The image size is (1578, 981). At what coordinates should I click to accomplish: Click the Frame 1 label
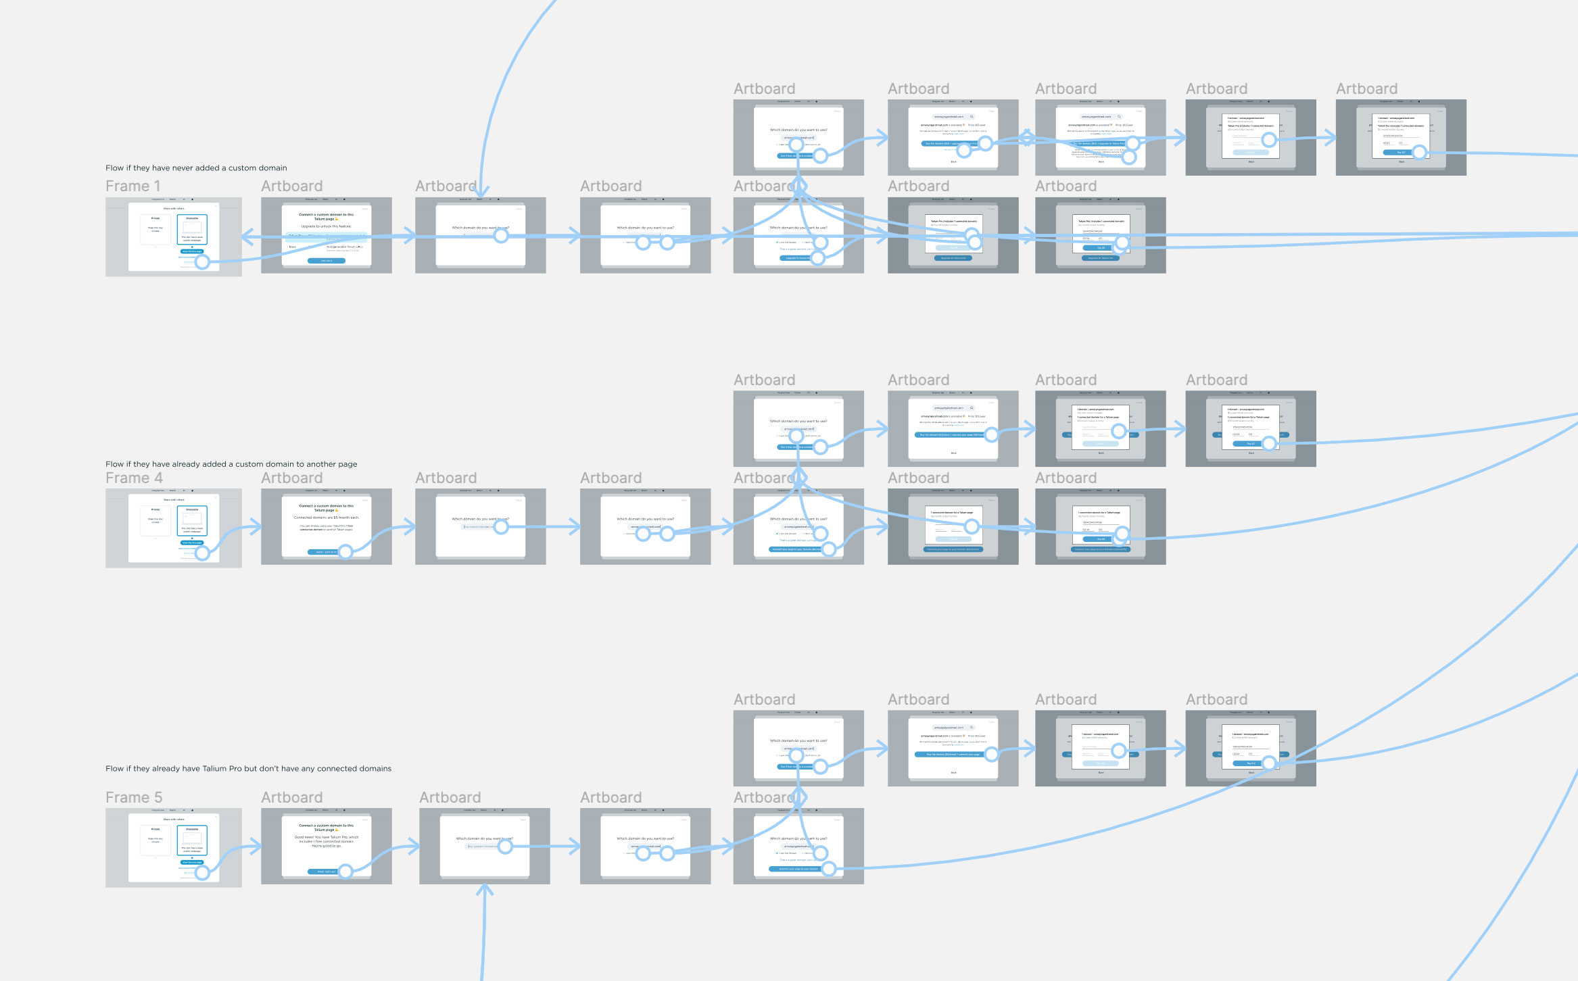133,186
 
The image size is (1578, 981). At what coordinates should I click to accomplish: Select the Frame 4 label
134,478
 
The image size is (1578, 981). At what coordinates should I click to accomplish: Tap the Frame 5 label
134,798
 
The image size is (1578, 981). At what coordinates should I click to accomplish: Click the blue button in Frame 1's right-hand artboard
326,261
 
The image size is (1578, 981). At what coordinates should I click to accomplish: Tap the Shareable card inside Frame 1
192,230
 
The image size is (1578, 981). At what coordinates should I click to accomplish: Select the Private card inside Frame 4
156,521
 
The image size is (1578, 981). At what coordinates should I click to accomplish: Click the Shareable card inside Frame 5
192,840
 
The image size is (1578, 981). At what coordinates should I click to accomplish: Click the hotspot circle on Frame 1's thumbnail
202,262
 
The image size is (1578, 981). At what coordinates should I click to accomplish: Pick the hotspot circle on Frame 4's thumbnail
202,554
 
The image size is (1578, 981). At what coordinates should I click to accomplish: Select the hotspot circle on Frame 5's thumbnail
202,873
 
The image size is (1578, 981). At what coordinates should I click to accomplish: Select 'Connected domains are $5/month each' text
326,518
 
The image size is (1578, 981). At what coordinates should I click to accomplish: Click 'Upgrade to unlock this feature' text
326,226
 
